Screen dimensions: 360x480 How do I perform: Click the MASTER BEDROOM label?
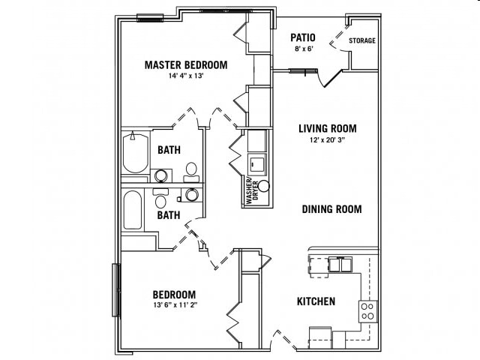click(186, 65)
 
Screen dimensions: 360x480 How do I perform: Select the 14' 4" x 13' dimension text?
click(186, 76)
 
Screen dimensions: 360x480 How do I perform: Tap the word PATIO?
click(303, 37)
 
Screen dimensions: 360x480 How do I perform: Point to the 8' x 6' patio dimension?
click(303, 49)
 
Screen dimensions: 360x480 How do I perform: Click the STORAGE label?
click(362, 40)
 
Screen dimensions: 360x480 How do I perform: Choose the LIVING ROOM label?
click(327, 128)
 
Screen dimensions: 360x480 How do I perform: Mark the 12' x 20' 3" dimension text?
click(327, 139)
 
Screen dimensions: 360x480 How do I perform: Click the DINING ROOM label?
click(331, 209)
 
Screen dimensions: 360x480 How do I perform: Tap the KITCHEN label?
click(316, 301)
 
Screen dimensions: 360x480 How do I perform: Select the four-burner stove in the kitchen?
click(367, 310)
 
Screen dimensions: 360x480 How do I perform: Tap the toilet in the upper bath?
click(191, 169)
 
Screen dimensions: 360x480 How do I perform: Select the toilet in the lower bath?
click(160, 199)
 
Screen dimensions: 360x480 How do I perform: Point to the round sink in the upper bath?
click(160, 175)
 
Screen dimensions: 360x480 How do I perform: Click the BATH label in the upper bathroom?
click(169, 150)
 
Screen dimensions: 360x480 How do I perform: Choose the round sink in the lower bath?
click(192, 195)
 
